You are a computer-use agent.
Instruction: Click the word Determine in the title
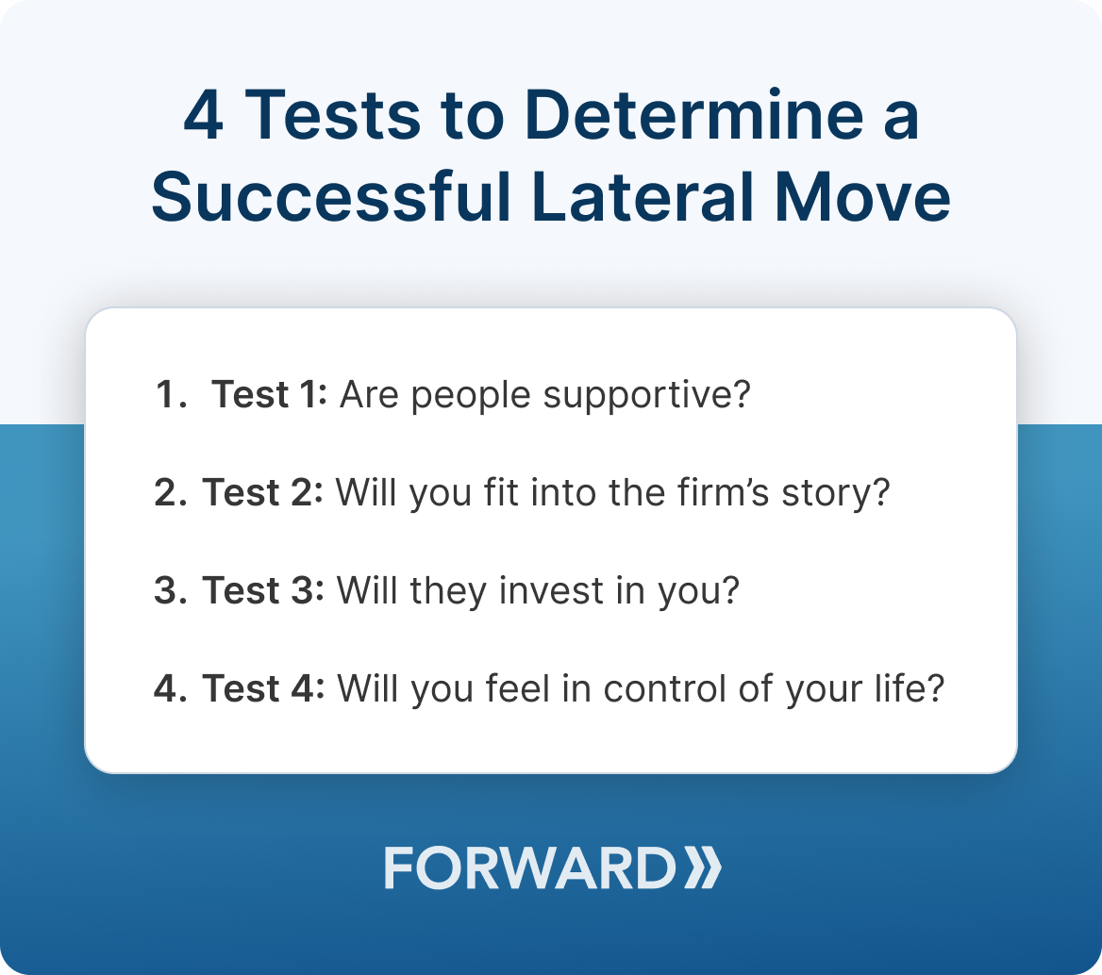(694, 115)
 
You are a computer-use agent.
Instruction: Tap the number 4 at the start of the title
(204, 115)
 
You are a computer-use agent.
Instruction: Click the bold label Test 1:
(269, 394)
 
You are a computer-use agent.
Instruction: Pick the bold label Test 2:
(263, 491)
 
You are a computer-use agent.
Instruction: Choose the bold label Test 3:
(263, 590)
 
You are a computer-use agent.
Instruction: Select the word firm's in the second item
(724, 491)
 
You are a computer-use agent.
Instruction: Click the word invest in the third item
(551, 590)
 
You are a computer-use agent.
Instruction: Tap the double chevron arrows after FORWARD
(703, 868)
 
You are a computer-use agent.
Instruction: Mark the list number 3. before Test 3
(171, 590)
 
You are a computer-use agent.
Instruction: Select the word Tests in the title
(334, 115)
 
